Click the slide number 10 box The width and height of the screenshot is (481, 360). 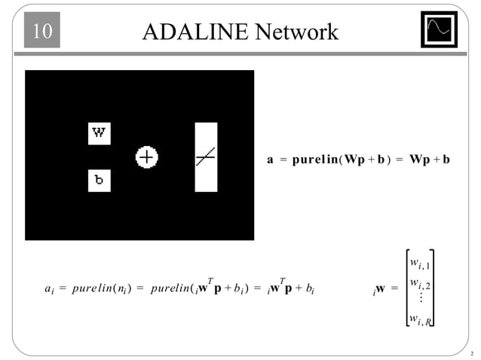point(41,32)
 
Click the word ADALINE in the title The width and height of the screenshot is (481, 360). point(194,32)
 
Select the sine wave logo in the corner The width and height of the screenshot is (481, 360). point(439,30)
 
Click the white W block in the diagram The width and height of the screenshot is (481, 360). point(100,134)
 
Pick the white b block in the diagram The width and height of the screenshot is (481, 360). point(100,180)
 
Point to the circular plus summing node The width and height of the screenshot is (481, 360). point(146,157)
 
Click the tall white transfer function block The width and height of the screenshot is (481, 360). point(206,157)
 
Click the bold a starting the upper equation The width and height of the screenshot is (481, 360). point(271,160)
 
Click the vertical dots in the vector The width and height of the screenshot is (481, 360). point(419,300)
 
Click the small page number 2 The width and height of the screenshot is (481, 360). point(471,353)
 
